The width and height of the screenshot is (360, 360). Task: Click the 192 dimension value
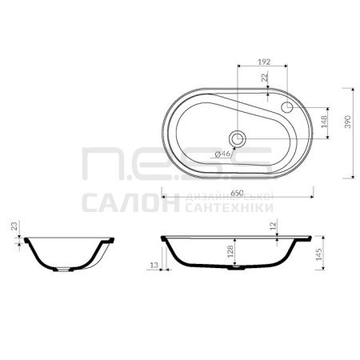(x=264, y=62)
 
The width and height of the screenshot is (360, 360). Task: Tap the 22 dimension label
(x=265, y=78)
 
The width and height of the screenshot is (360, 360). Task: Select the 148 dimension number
(x=324, y=122)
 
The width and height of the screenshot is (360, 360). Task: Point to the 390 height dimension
(x=348, y=122)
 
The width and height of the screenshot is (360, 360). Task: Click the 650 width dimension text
(x=237, y=193)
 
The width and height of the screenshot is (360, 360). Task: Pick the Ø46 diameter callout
(x=222, y=154)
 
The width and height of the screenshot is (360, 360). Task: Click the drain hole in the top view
(x=237, y=138)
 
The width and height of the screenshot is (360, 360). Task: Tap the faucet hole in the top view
(x=287, y=107)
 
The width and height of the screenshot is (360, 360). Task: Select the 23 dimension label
(x=14, y=226)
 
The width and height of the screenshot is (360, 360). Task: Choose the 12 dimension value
(x=273, y=226)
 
